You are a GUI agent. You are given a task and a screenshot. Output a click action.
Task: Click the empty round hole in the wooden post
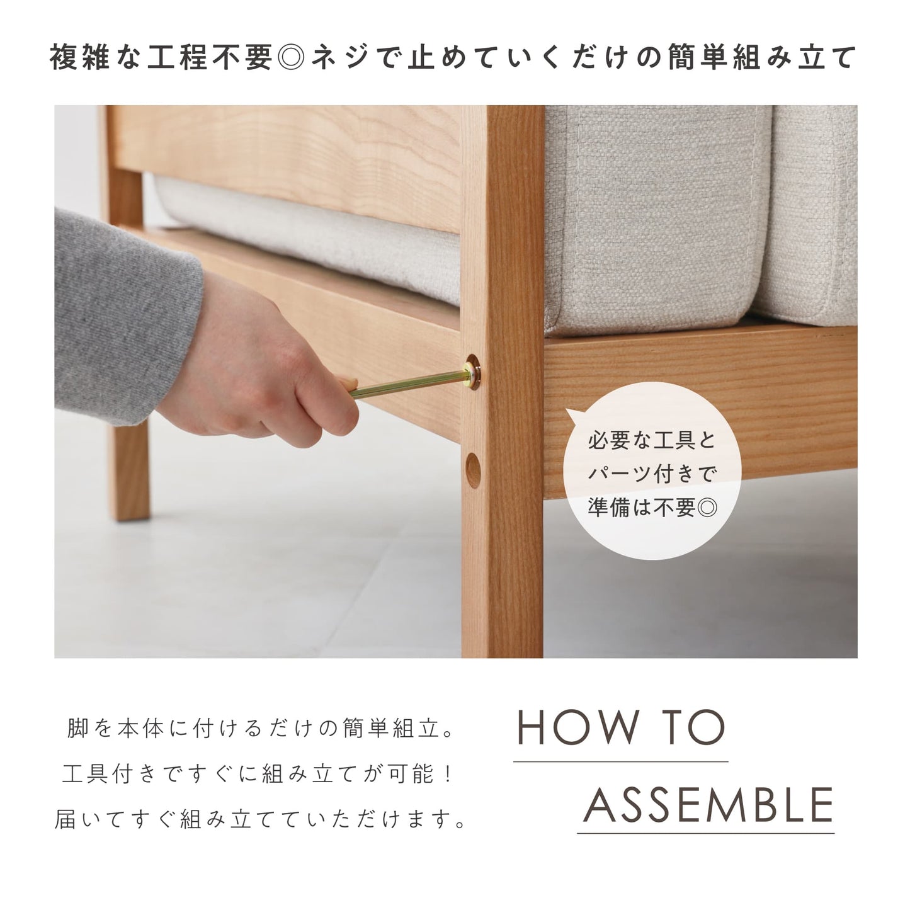click(x=473, y=470)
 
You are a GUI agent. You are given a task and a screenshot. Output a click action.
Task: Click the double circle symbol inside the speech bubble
click(x=707, y=508)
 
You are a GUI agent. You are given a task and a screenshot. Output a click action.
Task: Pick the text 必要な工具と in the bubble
click(x=652, y=441)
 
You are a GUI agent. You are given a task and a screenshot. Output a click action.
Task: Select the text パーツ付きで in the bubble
click(x=652, y=474)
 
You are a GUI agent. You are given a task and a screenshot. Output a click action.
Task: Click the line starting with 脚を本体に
click(x=261, y=729)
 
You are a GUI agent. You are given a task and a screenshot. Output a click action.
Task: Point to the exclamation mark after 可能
click(x=448, y=774)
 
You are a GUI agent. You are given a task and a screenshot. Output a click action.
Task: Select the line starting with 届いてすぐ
click(x=261, y=819)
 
